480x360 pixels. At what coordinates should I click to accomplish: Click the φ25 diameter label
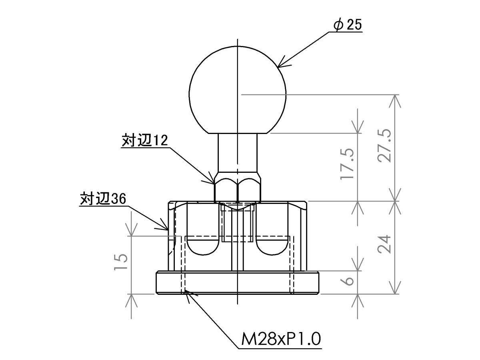[348, 24]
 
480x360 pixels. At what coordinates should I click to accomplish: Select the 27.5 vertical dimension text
[384, 146]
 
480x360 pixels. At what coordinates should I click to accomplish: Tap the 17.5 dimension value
[347, 164]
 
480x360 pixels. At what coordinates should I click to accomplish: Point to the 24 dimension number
[384, 244]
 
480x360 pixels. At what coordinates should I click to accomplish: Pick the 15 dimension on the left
[121, 262]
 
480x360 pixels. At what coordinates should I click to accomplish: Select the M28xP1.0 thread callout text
[281, 338]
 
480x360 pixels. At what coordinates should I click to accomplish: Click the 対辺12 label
[145, 140]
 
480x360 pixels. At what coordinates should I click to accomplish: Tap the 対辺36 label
[103, 198]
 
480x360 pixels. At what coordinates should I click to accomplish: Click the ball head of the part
[238, 90]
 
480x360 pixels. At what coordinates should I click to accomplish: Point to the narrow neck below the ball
[238, 153]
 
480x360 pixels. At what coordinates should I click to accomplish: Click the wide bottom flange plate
[238, 283]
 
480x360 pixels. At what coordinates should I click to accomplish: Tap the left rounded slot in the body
[203, 246]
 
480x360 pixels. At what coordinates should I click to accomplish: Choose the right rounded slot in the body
[272, 246]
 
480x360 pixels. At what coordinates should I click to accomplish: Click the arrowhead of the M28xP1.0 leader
[189, 295]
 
